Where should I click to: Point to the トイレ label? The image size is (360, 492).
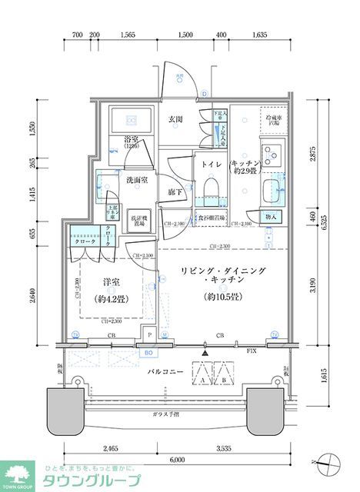(212, 165)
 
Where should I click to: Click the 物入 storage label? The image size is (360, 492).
(270, 218)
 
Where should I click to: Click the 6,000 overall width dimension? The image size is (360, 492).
(177, 459)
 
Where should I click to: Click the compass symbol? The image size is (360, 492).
(332, 464)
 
